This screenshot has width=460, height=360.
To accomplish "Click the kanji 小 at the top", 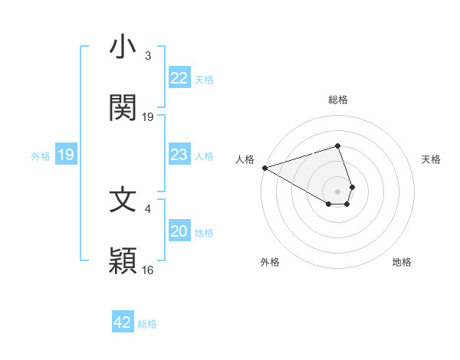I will click(x=123, y=47).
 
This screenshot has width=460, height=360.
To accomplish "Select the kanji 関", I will click(x=123, y=108).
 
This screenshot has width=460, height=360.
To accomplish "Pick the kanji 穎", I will click(x=123, y=261).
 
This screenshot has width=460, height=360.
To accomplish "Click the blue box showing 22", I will click(x=179, y=77).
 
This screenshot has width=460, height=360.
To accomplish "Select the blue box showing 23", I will click(x=179, y=155).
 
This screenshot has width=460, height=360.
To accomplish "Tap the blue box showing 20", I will click(x=179, y=231).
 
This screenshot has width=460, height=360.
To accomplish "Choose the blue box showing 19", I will click(x=66, y=155).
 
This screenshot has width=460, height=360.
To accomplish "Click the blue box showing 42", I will click(x=123, y=322).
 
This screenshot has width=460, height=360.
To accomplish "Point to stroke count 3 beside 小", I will click(x=148, y=56).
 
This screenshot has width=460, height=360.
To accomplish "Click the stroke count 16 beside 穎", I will click(x=148, y=270).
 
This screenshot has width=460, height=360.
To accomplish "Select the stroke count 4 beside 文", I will click(x=148, y=208).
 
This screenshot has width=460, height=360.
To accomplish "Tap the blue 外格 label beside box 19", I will click(x=41, y=155).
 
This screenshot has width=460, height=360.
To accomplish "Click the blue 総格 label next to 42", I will click(x=147, y=323).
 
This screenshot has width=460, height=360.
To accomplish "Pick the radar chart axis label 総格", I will click(x=338, y=100).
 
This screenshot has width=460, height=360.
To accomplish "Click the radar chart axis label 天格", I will click(x=432, y=159).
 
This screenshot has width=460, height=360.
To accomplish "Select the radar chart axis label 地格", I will click(x=402, y=262).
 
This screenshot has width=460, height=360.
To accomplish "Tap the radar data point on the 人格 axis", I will click(x=264, y=167).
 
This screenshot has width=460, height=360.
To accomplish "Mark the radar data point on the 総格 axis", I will click(x=337, y=146).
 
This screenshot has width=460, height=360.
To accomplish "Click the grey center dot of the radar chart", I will click(x=338, y=191).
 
